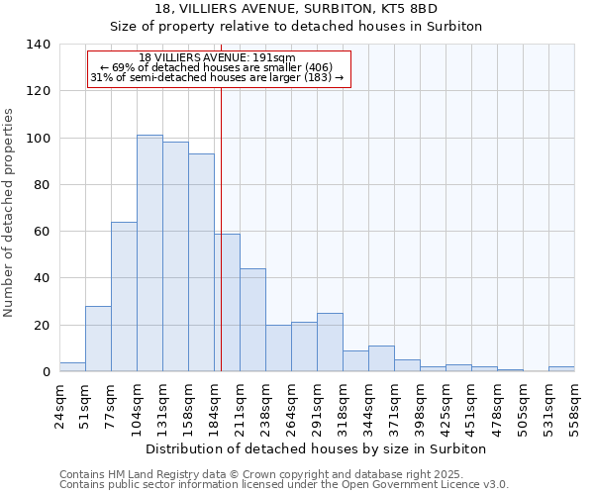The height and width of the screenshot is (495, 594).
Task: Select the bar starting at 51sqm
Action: pos(98,339)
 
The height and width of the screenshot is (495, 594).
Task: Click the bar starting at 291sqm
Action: pos(330,343)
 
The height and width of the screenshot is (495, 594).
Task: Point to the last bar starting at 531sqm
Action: pos(561,369)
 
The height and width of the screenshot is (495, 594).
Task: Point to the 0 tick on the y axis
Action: pos(46,372)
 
